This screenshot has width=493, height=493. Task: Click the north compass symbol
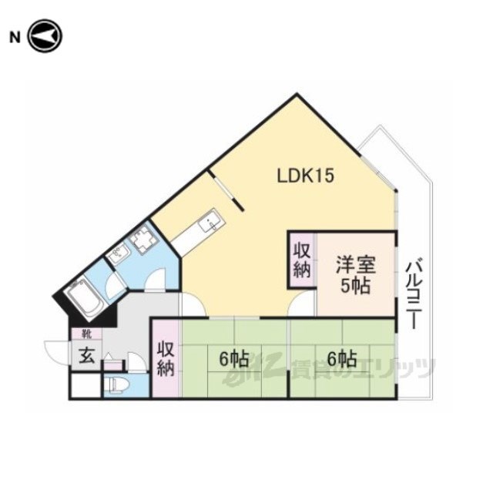click(45, 36)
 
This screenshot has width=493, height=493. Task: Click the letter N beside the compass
click(15, 38)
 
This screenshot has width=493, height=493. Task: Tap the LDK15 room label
click(305, 176)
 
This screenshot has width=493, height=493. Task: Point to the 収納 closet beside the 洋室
click(303, 260)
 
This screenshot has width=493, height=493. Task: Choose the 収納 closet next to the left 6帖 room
click(166, 358)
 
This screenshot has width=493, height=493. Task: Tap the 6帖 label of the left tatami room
click(234, 359)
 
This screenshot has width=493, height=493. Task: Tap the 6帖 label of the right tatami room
click(342, 359)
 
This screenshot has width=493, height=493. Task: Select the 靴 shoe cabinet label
click(86, 334)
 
